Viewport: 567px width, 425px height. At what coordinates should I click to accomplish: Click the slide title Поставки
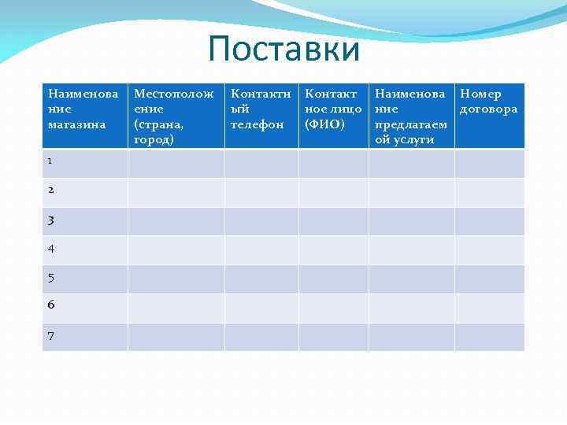pos(283,50)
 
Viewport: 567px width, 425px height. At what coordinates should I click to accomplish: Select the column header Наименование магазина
pos(84,109)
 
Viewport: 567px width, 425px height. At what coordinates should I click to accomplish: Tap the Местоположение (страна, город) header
pos(175,116)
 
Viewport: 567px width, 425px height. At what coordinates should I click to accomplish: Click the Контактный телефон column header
pos(261,109)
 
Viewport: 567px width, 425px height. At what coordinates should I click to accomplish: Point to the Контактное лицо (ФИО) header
pos(333,109)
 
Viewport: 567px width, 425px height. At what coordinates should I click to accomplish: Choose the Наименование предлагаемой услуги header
pos(411,116)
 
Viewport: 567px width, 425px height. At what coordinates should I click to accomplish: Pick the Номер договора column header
pos(489,102)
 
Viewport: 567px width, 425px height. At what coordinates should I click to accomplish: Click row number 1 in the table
pos(50,161)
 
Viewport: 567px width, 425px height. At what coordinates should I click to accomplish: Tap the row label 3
pos(50,220)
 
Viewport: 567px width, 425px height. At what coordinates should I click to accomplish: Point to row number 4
pos(50,249)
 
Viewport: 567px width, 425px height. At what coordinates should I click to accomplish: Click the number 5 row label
pos(50,278)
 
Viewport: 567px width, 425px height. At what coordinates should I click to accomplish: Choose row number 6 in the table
pos(50,305)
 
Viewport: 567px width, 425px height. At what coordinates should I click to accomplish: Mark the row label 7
pos(50,336)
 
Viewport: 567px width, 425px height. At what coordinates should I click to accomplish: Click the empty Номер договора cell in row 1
pos(489,163)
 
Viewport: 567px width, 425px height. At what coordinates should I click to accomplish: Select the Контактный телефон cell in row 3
pos(261,221)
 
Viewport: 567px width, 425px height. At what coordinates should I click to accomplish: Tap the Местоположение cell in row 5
pos(176,279)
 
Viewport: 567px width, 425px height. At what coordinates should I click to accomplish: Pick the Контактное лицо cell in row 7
pos(333,337)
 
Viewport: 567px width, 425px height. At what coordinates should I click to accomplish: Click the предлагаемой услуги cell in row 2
pos(411,192)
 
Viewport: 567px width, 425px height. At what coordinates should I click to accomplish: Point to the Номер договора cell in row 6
pos(489,308)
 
